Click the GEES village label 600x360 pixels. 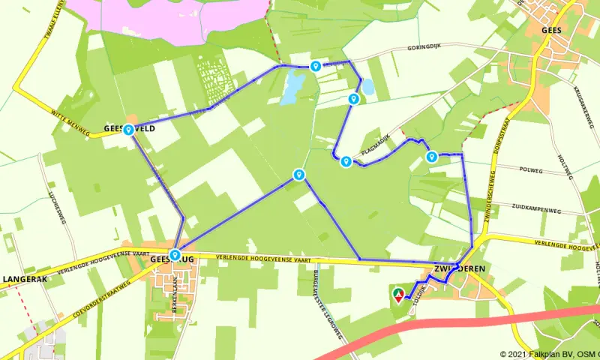tap(552, 31)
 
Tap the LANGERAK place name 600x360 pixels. tap(26, 279)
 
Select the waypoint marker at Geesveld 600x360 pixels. tap(129, 130)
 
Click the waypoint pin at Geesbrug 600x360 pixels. tap(175, 255)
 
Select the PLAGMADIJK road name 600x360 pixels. tap(377, 145)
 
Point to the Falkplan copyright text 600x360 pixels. tap(549, 354)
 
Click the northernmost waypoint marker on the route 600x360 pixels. tap(316, 66)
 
